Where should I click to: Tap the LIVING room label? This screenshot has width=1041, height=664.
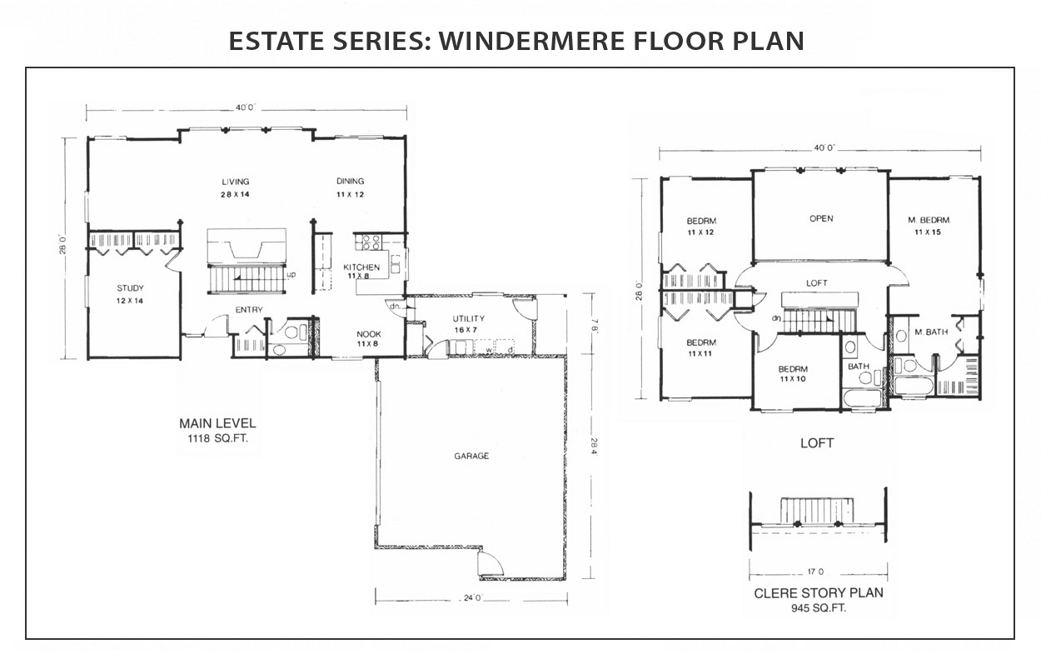[235, 182]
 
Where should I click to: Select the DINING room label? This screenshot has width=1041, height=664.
[351, 182]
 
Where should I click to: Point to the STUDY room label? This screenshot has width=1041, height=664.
[130, 288]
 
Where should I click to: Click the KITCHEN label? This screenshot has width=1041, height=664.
[361, 267]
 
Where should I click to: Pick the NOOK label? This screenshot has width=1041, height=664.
[369, 334]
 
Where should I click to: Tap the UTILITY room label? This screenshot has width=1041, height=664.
[468, 319]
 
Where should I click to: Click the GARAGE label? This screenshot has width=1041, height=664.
[471, 457]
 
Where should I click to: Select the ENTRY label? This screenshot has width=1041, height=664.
[249, 310]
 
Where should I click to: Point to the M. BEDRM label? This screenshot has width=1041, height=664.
[929, 220]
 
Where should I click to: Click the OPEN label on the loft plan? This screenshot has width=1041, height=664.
[821, 218]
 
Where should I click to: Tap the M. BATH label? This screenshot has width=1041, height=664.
[931, 332]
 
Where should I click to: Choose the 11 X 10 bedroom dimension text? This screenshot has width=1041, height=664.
[793, 379]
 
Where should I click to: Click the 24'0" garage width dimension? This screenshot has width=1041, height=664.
[473, 598]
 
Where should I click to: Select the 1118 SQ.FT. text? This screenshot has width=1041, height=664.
[217, 438]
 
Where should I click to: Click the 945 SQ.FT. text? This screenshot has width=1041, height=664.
[819, 608]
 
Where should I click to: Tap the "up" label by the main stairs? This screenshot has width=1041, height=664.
[291, 275]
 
